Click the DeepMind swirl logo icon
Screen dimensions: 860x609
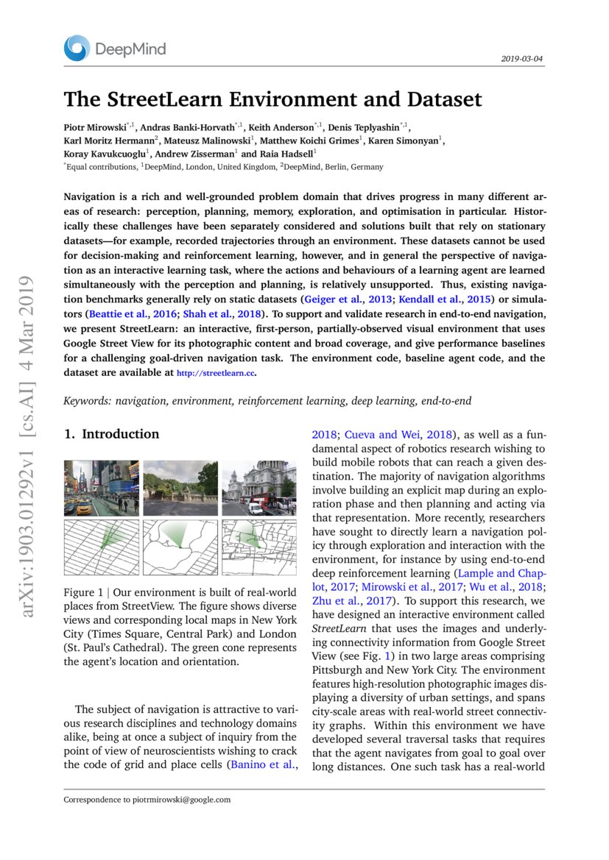click(x=77, y=49)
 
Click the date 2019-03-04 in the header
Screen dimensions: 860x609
click(x=522, y=58)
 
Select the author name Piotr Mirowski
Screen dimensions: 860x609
click(x=95, y=127)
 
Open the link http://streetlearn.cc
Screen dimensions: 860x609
click(x=215, y=373)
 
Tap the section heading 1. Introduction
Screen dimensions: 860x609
click(x=111, y=434)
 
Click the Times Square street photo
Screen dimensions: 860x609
click(x=101, y=488)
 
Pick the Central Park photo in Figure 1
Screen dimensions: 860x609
click(x=180, y=488)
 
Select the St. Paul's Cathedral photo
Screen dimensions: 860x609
click(x=258, y=488)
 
